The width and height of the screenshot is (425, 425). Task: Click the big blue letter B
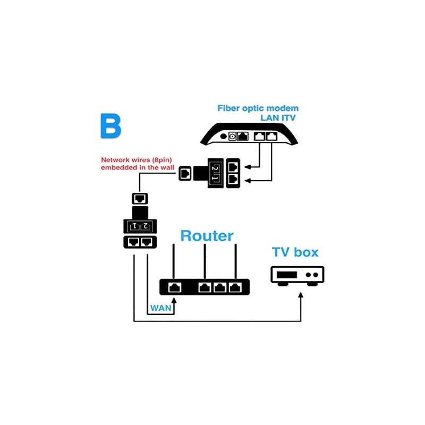pos(110,125)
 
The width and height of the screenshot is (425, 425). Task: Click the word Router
pos(207,235)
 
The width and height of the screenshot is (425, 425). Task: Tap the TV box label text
pos(295,251)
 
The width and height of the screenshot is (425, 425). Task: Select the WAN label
pos(159,308)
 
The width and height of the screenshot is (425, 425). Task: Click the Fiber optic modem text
pos(258,108)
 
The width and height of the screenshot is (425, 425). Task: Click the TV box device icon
pos(297,275)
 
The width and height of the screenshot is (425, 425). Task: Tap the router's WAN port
pos(174,287)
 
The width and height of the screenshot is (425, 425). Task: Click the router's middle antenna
pos(205,260)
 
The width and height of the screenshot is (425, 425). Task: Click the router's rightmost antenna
pos(235,260)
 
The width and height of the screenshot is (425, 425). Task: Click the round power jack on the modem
pos(232,137)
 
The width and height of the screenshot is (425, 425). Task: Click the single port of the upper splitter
pos(184,173)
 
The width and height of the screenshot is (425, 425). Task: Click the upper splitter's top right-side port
pos(233,166)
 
